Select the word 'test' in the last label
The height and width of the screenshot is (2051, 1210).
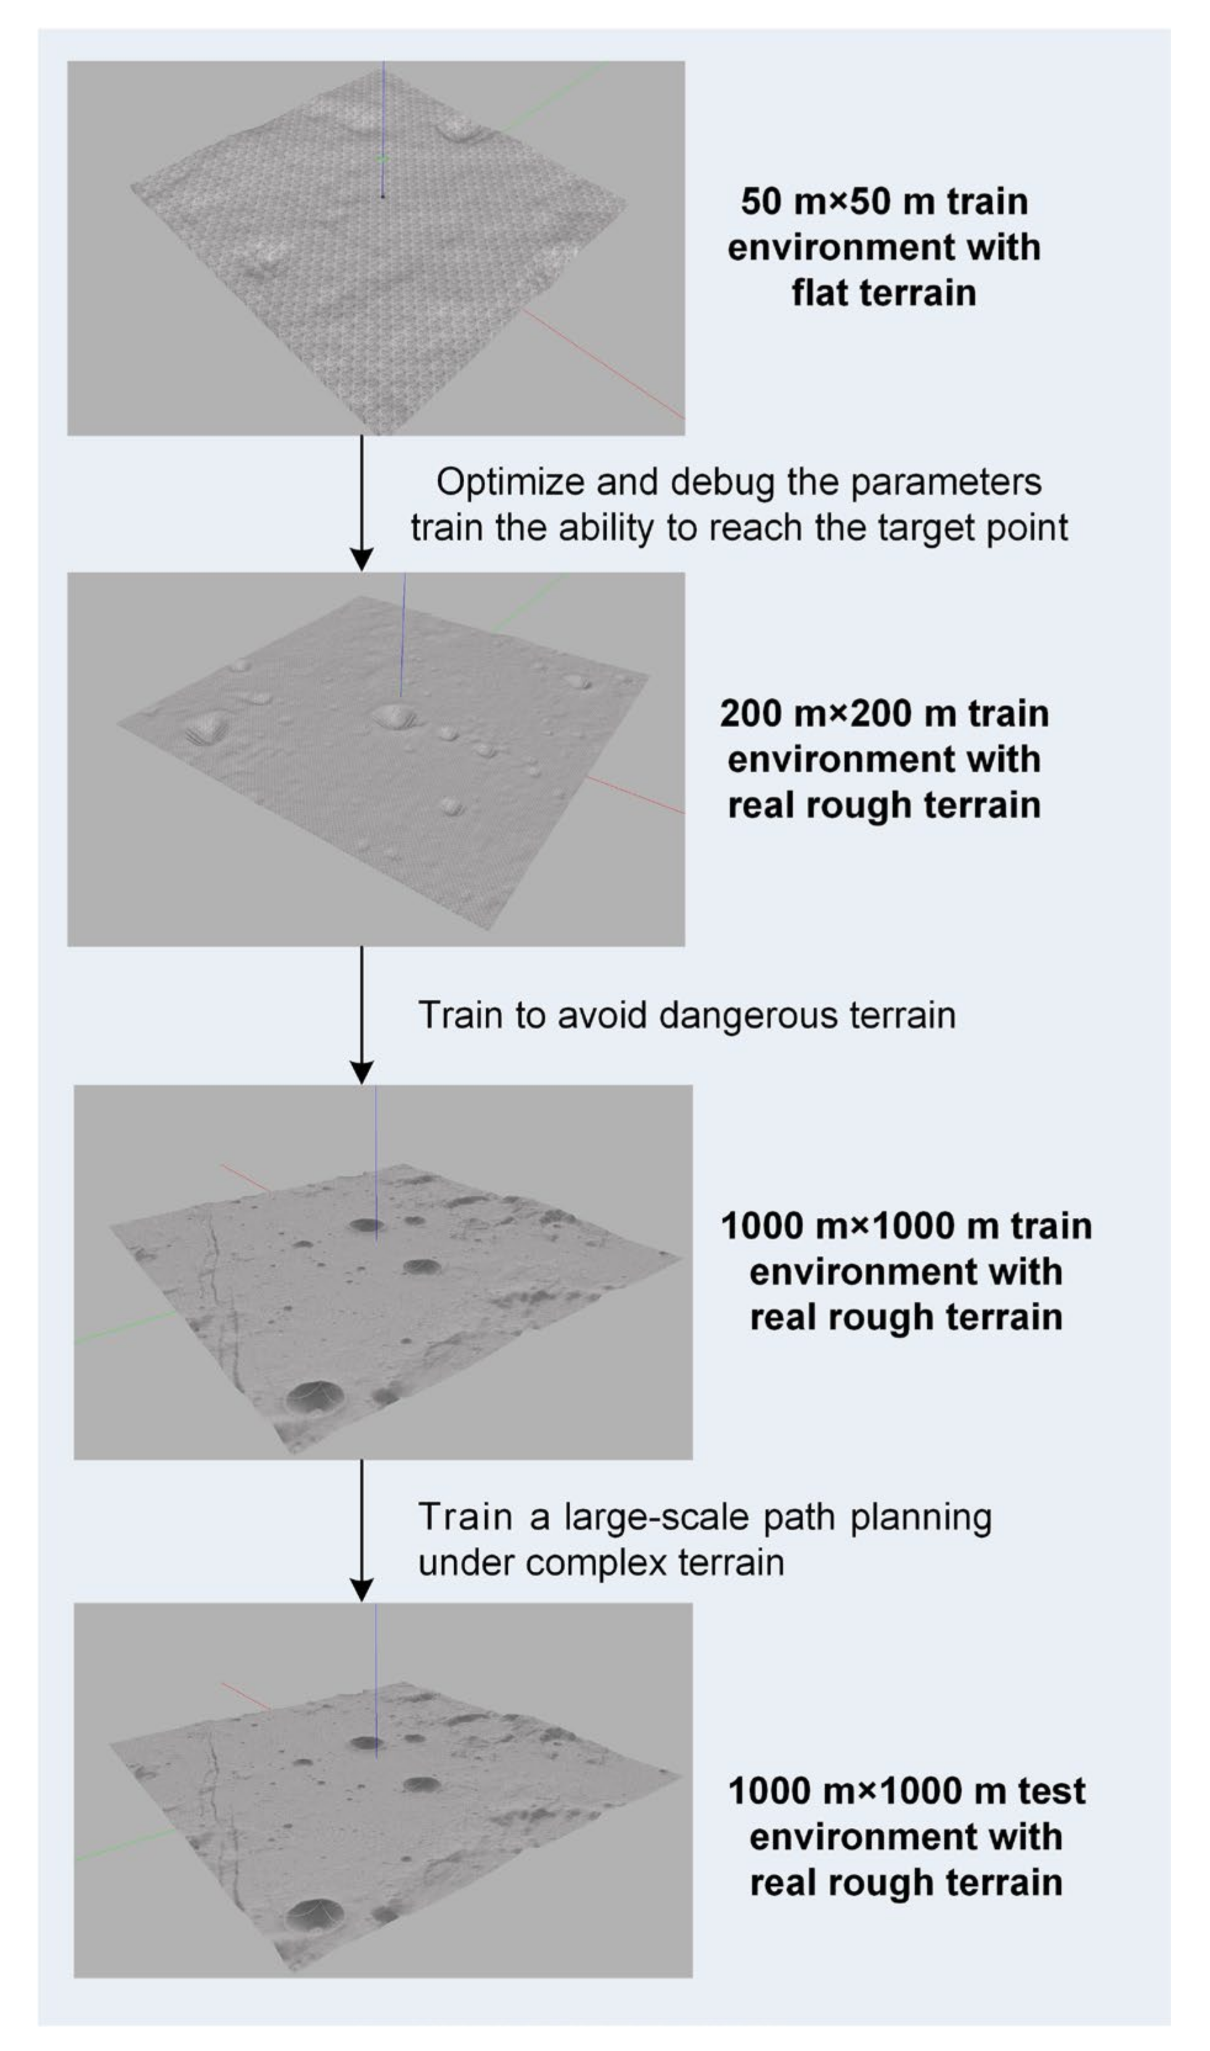1051,1792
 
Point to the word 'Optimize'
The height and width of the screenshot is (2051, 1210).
510,483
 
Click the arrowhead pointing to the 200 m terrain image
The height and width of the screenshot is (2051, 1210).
361,559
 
